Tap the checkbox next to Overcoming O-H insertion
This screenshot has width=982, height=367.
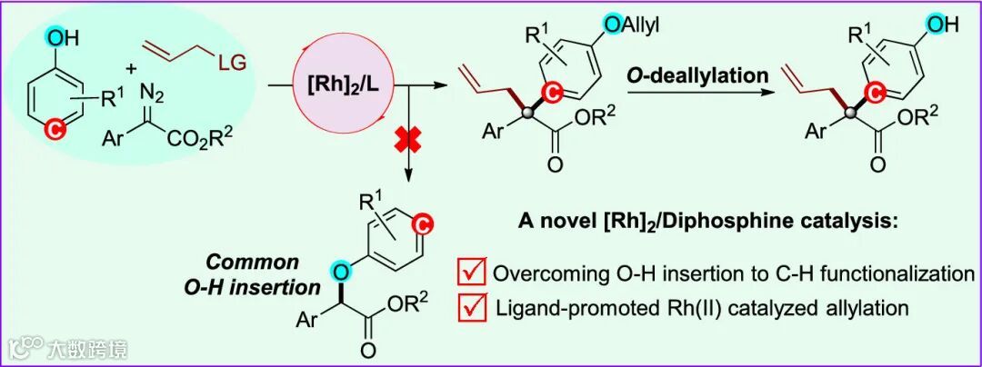[x=471, y=273]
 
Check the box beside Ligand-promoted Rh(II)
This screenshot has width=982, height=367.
[x=471, y=309]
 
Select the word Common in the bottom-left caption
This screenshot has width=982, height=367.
[x=241, y=263]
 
